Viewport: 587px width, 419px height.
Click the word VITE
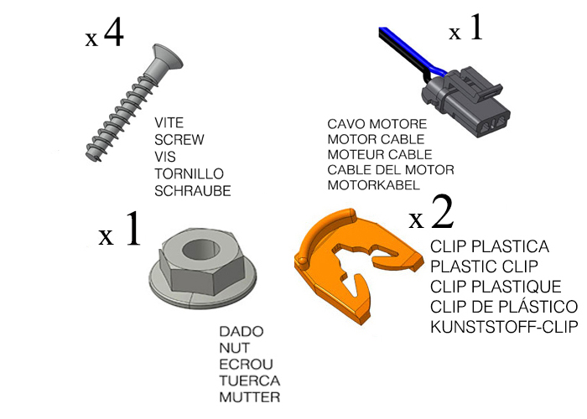coord(170,123)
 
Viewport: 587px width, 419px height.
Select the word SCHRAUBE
coord(193,191)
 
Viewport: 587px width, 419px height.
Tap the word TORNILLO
coord(189,174)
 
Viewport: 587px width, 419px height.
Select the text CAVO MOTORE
coord(370,124)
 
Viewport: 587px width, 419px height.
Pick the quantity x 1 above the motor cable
coord(465,31)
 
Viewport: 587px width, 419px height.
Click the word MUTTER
coord(249,397)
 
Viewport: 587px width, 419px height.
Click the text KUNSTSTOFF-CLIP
coord(504,325)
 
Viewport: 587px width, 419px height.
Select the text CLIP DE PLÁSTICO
coord(504,306)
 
